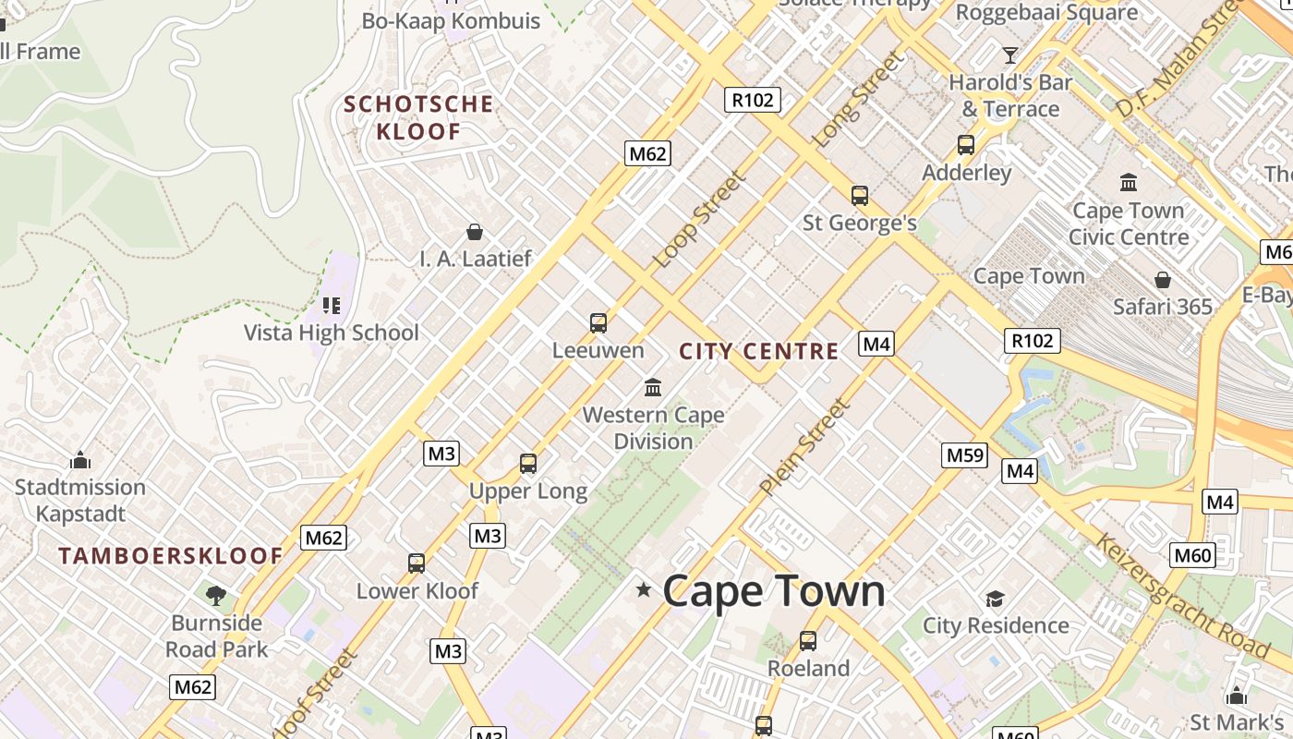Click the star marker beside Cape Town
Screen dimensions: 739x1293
(644, 589)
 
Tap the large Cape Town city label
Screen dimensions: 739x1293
(774, 591)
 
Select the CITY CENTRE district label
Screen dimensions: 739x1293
(758, 351)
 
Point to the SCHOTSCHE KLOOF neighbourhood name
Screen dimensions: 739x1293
(418, 117)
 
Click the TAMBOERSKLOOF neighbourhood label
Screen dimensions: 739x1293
(171, 556)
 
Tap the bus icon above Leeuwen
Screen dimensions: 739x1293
(598, 323)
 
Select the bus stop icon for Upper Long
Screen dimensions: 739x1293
(528, 464)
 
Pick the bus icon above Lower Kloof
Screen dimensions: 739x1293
(417, 563)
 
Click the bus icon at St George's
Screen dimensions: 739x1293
(860, 196)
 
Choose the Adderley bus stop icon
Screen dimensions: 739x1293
(966, 145)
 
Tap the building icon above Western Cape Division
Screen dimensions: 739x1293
(653, 387)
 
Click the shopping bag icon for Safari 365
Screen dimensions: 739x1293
(1163, 280)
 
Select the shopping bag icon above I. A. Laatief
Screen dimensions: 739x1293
(475, 232)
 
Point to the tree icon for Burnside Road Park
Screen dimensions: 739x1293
(216, 595)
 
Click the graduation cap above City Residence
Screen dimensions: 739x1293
(995, 599)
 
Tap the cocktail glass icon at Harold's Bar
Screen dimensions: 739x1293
(1010, 55)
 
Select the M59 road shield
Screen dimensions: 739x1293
(965, 455)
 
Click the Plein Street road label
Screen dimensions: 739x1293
(804, 447)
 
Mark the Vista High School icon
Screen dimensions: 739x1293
(331, 305)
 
